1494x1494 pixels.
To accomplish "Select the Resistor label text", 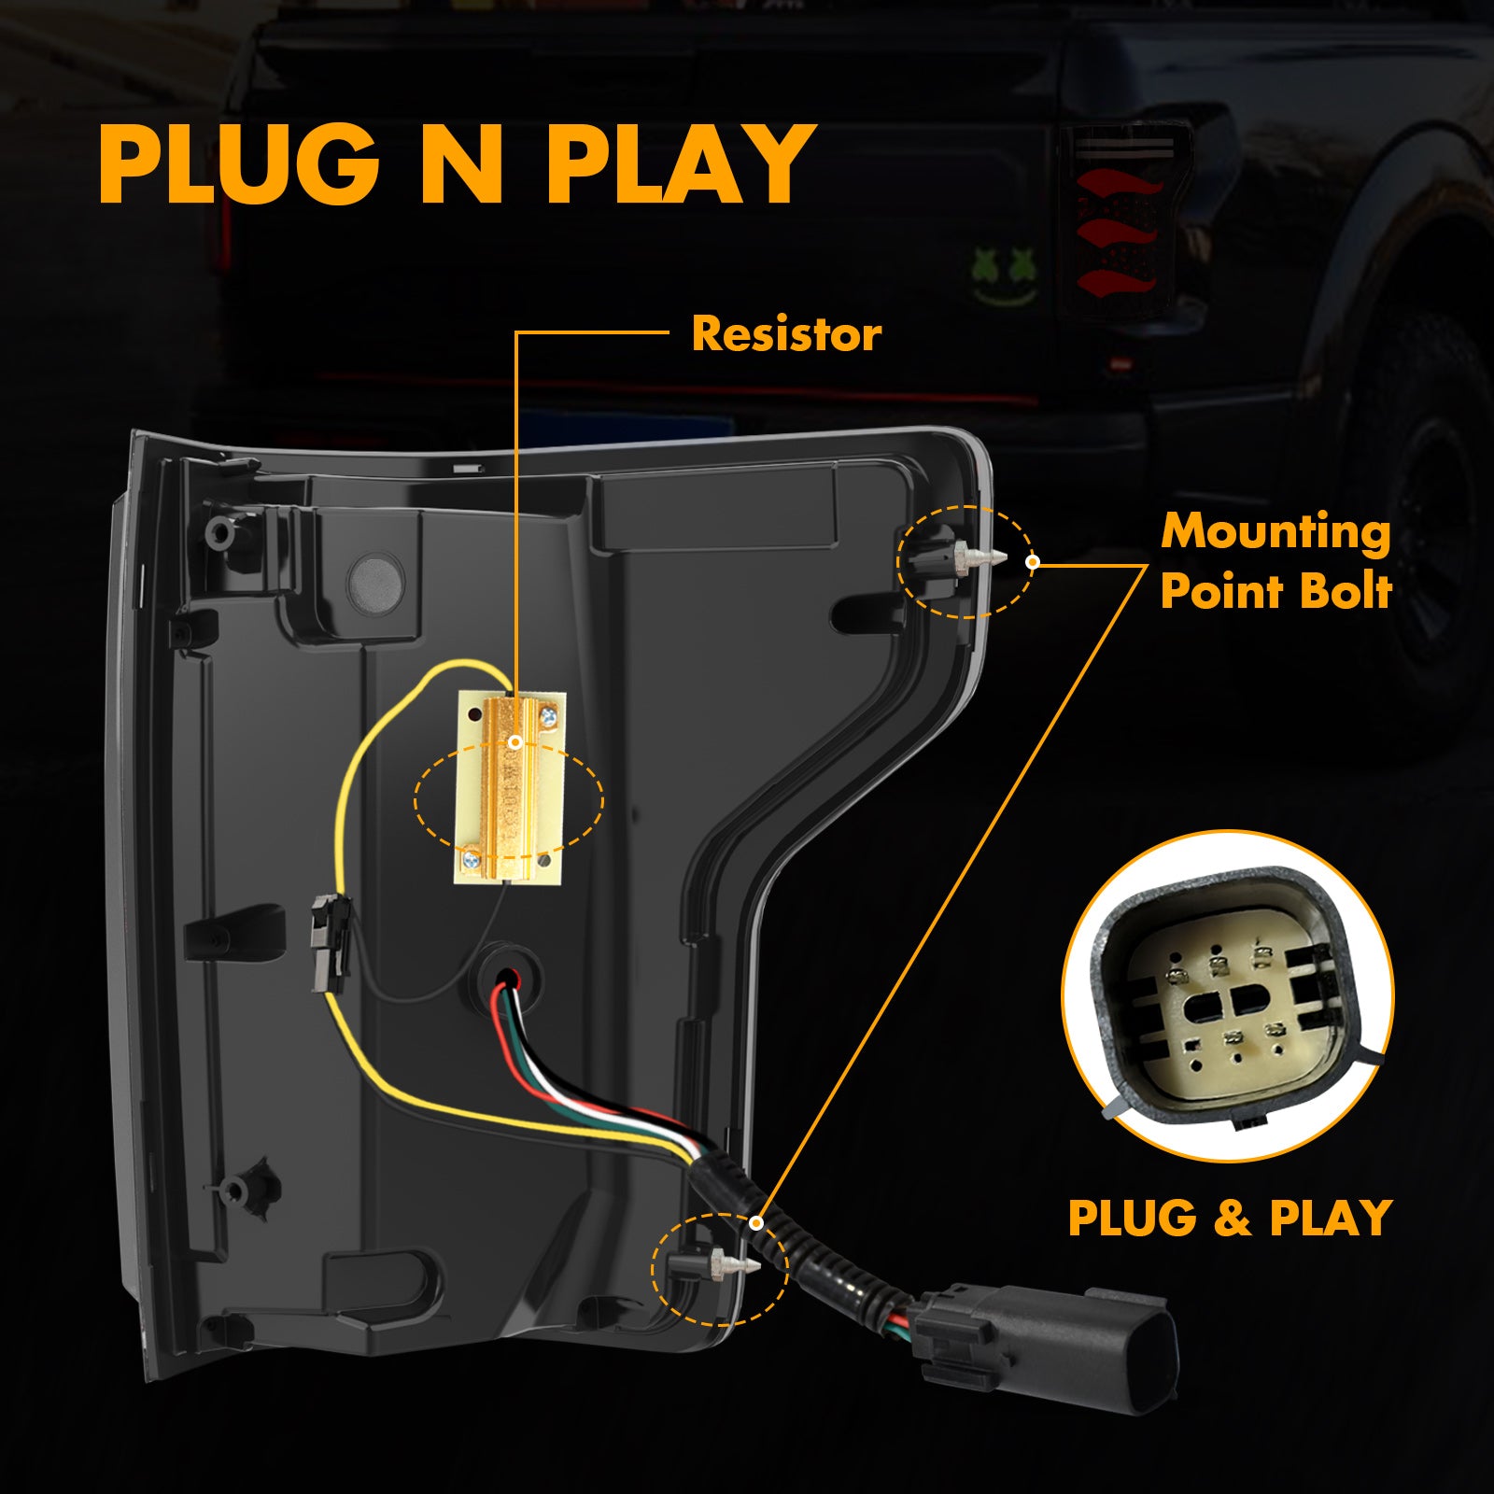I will point(785,334).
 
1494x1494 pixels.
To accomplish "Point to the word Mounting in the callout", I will point(1276,532).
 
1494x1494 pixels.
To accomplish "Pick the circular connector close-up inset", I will point(1227,996).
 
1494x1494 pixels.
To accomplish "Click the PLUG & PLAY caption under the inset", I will point(1229,1219).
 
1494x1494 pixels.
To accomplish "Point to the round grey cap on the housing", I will point(375,580).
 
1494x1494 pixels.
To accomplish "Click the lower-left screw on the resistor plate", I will point(472,853).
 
